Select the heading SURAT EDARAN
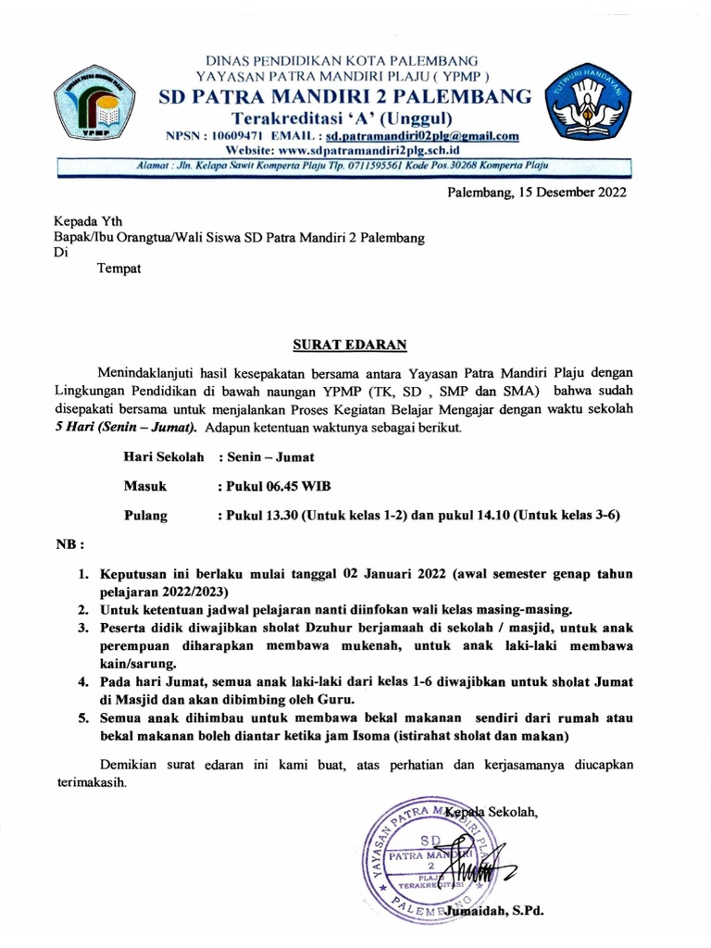coord(350,345)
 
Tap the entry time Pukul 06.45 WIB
coord(273,486)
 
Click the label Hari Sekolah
coord(163,456)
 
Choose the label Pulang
coord(146,516)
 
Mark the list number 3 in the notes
coord(83,627)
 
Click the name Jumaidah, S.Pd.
coord(493,912)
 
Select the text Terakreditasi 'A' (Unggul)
coord(342,117)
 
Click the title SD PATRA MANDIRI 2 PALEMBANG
coord(345,96)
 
